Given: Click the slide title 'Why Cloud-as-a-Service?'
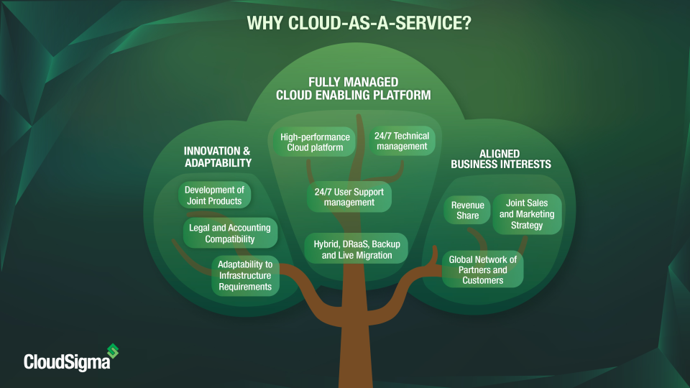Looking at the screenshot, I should [x=359, y=23].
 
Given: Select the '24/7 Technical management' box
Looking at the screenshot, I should [x=401, y=141].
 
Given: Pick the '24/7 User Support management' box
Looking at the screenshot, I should [x=349, y=197].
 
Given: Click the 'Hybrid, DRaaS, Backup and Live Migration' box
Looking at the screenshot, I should [x=356, y=249].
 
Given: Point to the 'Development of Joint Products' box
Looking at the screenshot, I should [x=214, y=195].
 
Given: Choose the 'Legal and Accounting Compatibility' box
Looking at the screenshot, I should [x=219, y=233].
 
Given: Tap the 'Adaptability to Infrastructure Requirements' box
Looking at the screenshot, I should [x=245, y=276].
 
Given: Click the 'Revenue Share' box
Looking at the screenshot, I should [x=467, y=210].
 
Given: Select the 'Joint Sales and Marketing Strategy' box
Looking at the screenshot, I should [x=527, y=214].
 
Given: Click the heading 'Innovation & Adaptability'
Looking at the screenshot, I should [x=218, y=157].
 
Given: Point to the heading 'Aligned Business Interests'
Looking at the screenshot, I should [x=500, y=159].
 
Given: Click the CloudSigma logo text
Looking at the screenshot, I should [x=67, y=361].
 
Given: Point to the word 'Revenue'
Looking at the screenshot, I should [x=467, y=205].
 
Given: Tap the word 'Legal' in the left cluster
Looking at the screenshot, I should [x=198, y=228].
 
